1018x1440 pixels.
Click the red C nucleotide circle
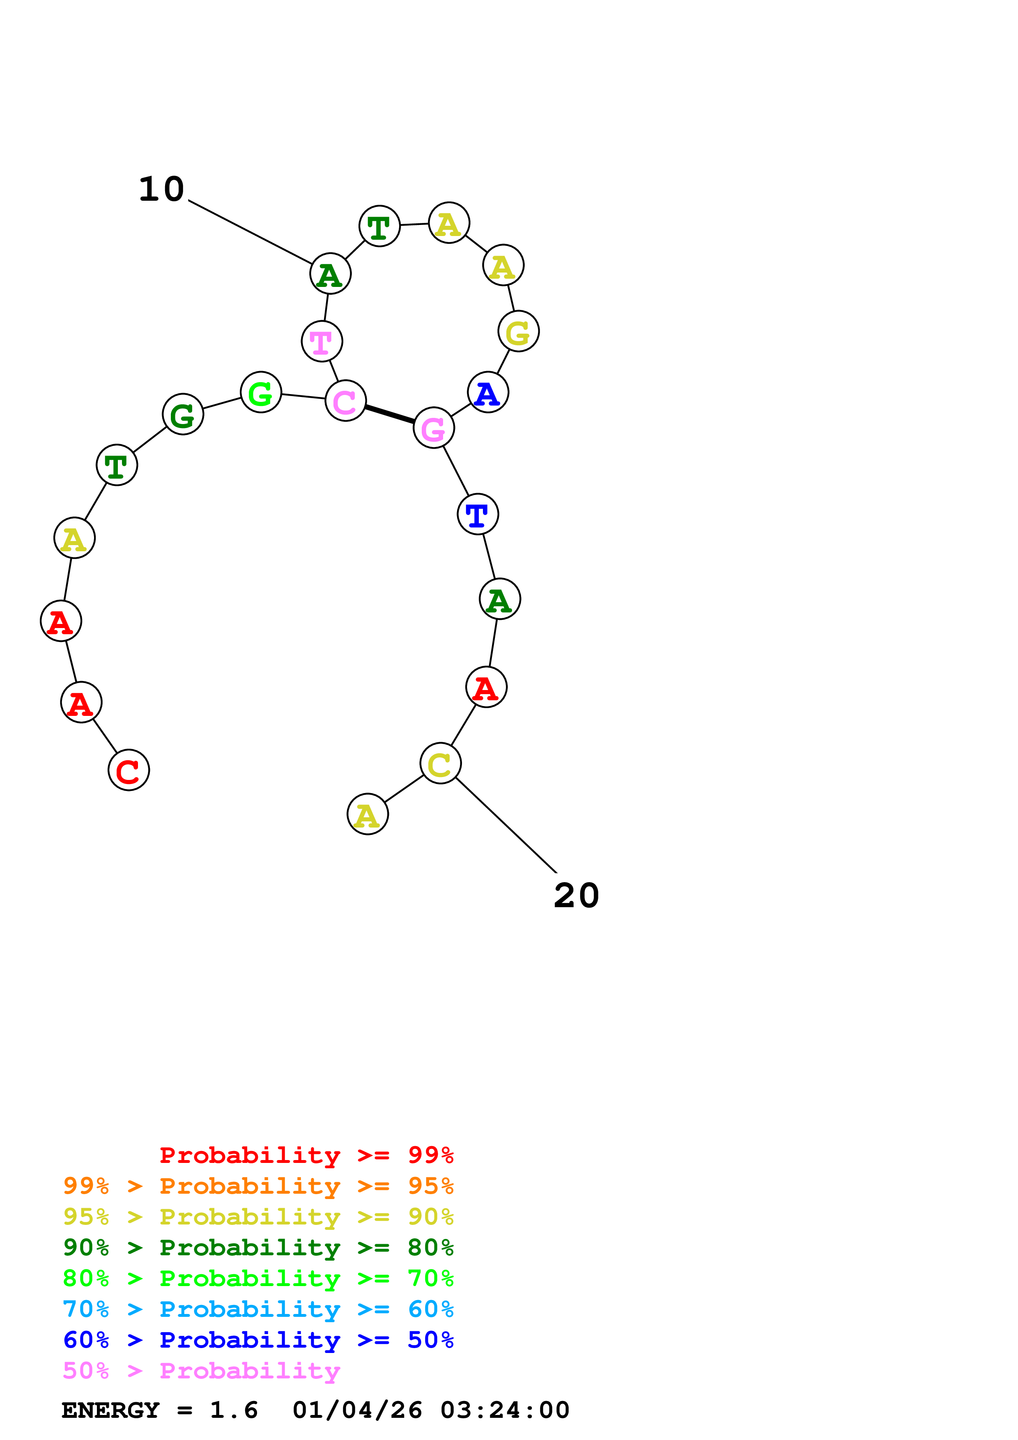[129, 770]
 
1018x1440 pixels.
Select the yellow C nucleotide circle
[440, 763]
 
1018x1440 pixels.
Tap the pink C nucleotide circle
[345, 401]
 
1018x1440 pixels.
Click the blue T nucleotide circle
[478, 514]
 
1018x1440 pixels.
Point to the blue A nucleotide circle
[488, 392]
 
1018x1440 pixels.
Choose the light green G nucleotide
[261, 392]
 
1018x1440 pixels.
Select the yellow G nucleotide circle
[519, 331]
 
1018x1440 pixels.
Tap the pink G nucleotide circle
[433, 428]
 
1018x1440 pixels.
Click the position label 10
[161, 189]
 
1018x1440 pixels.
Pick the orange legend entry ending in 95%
[258, 1186]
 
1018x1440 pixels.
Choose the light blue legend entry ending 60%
[258, 1309]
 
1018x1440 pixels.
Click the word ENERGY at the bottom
[110, 1410]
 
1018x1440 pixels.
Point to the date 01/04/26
[357, 1410]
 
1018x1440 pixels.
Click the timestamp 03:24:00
[505, 1410]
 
